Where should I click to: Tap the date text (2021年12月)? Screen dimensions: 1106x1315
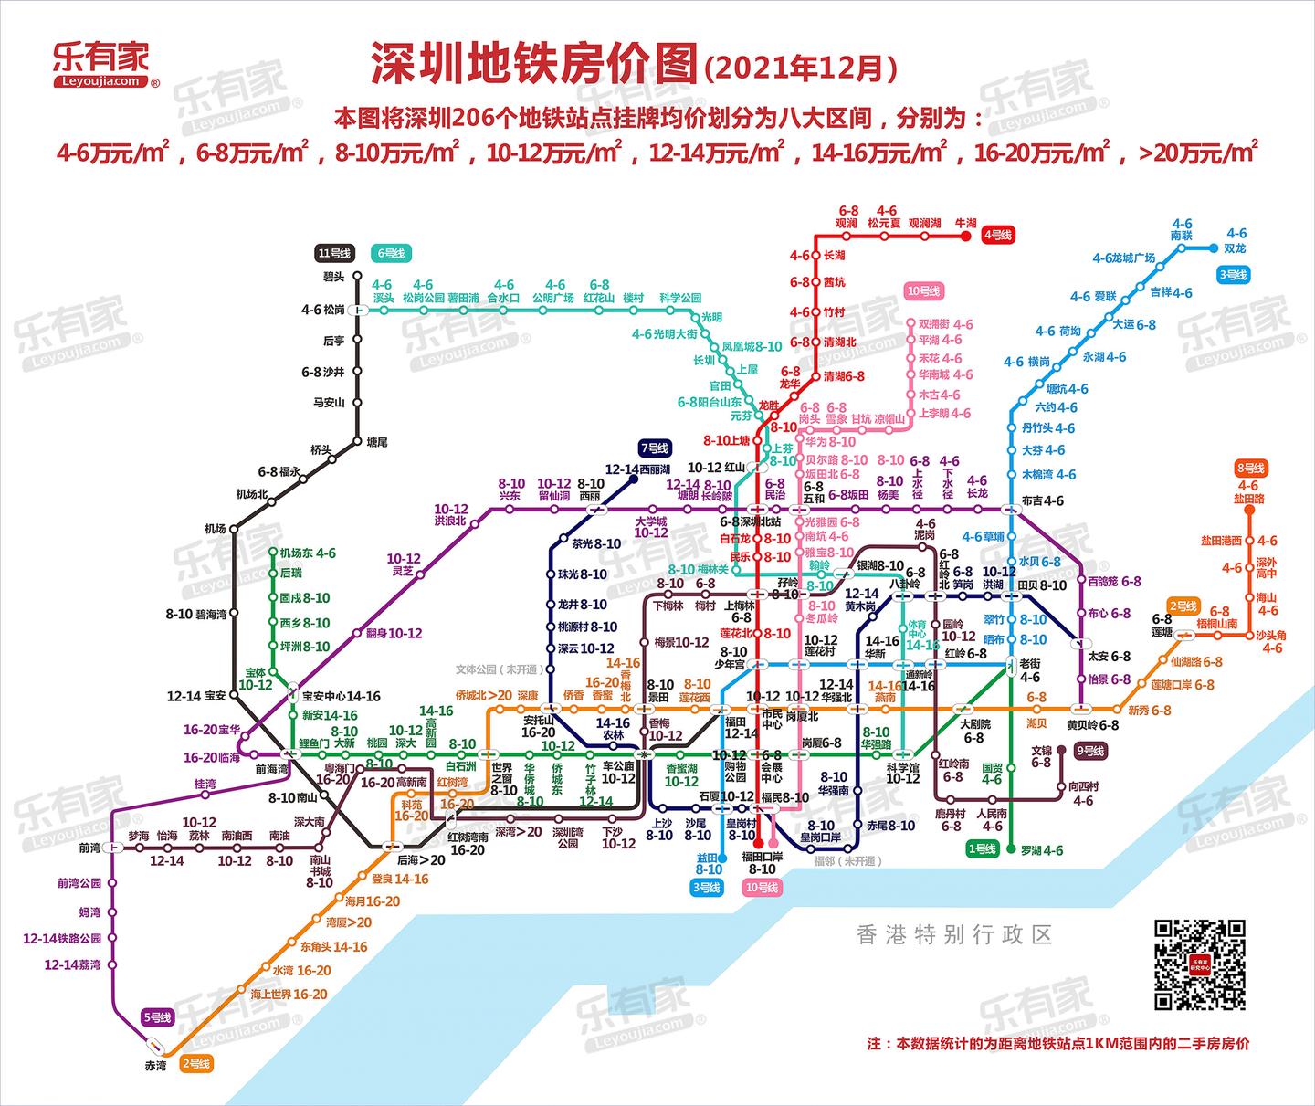point(801,68)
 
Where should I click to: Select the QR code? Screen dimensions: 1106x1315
point(1199,964)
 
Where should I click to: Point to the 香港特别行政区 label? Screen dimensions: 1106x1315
point(954,934)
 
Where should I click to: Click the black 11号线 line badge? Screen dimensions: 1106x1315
point(333,253)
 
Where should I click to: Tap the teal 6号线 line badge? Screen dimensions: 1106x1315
point(392,253)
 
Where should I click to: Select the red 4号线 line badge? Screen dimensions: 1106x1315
point(997,235)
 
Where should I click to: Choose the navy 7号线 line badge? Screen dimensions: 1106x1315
point(655,448)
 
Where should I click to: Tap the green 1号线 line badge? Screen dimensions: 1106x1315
point(982,849)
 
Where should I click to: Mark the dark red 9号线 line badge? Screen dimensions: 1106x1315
point(1090,751)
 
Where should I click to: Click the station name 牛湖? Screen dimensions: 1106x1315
point(965,223)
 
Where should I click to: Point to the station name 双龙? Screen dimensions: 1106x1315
point(1235,248)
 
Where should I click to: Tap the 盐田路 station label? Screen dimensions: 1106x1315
point(1248,499)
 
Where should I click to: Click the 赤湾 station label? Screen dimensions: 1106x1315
point(155,1065)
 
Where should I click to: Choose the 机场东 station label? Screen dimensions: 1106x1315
point(296,553)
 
